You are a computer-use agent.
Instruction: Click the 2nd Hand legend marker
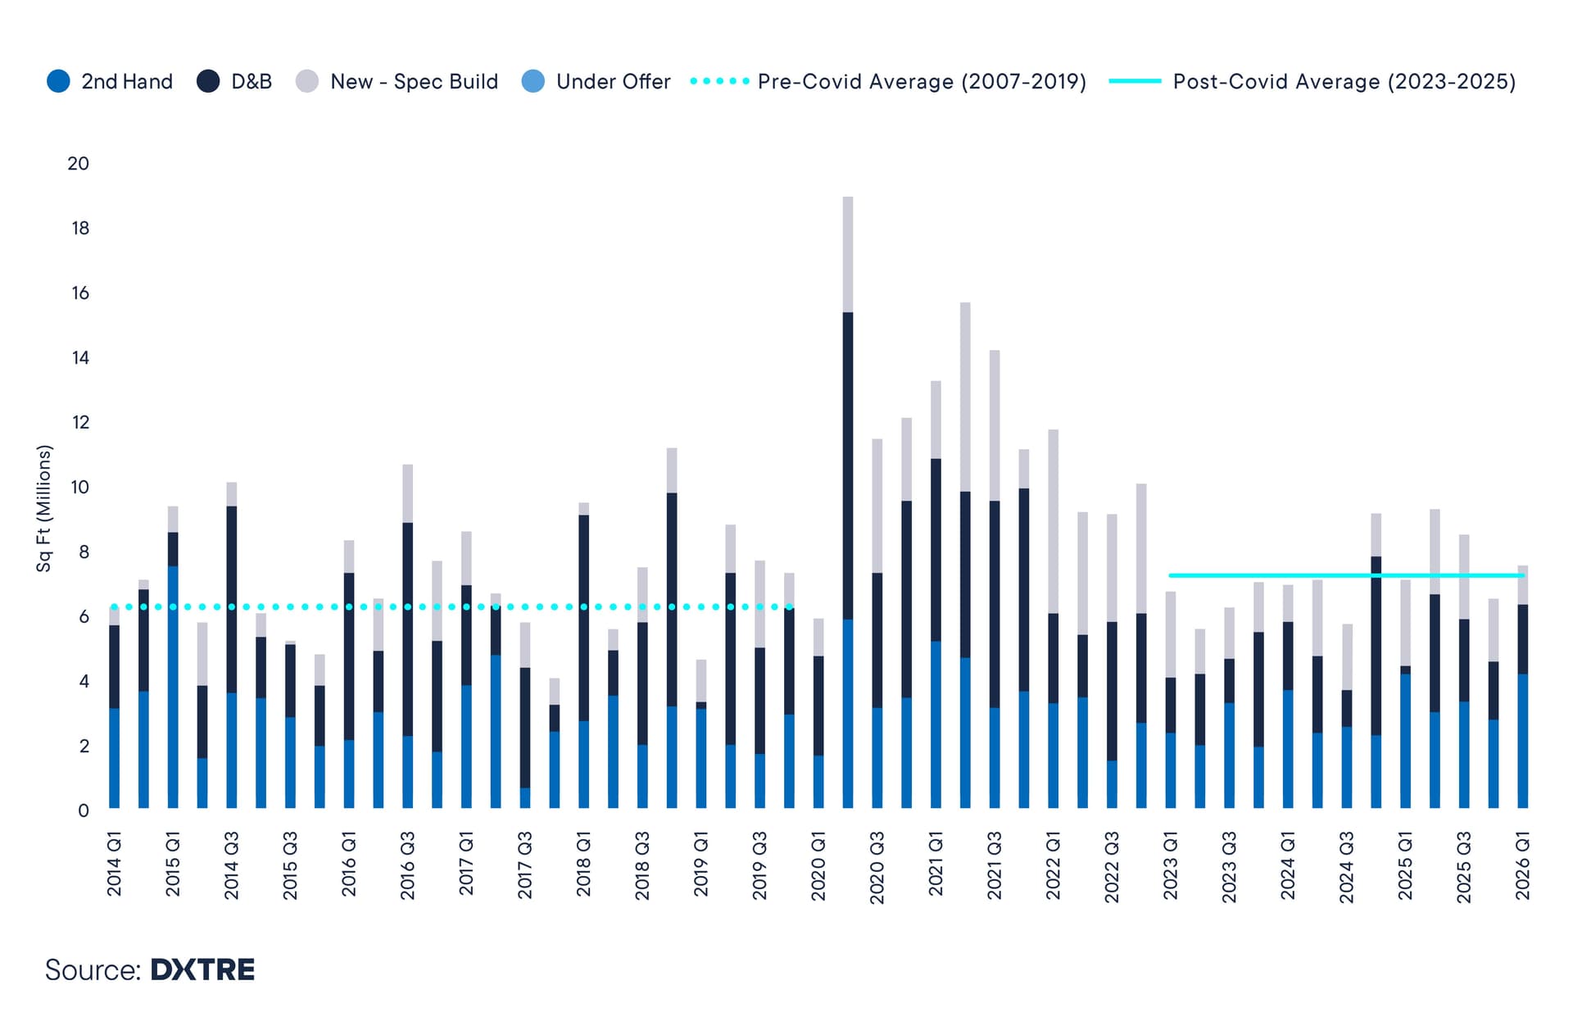coord(58,82)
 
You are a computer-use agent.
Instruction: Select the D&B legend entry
coord(251,82)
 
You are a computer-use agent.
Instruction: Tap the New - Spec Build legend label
coord(414,82)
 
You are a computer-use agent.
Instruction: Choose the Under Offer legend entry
coord(612,82)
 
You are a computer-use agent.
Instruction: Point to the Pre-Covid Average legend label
coord(922,82)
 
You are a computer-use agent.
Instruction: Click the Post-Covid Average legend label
coord(1344,82)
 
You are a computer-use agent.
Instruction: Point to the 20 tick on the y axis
coord(79,164)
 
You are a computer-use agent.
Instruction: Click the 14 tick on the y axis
coord(79,358)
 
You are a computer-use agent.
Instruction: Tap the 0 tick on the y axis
coord(83,811)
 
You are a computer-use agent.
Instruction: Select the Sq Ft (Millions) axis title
coord(43,508)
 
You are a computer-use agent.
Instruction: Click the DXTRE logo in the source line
coord(202,970)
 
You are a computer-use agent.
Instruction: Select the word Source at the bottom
coord(92,970)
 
